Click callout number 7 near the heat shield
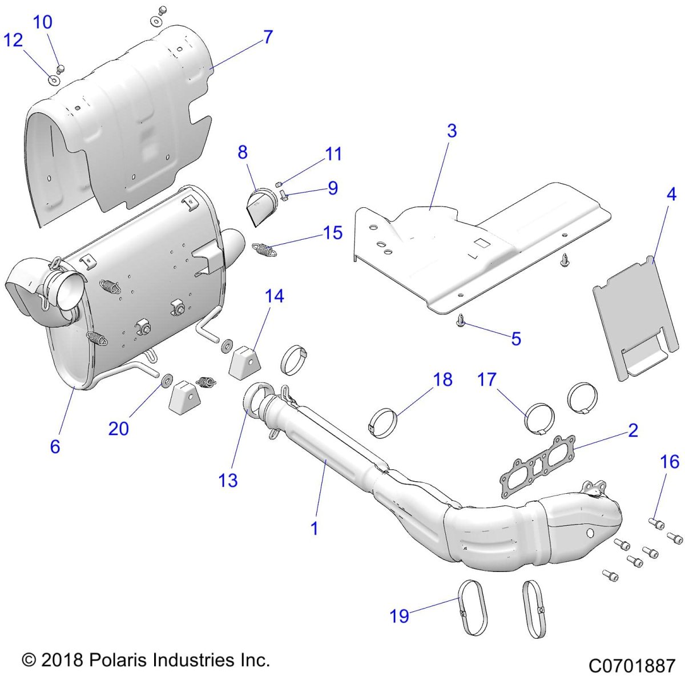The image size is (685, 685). [x=268, y=37]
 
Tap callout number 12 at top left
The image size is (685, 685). [x=13, y=41]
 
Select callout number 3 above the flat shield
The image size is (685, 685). [x=452, y=131]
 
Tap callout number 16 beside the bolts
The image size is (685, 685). [x=670, y=461]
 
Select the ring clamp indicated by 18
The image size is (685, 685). [x=380, y=421]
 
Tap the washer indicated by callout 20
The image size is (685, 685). [x=152, y=380]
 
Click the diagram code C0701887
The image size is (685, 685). [x=632, y=666]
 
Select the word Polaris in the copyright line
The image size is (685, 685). [x=119, y=661]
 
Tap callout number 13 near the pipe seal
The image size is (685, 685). [x=228, y=480]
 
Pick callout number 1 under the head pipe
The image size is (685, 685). [x=314, y=528]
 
